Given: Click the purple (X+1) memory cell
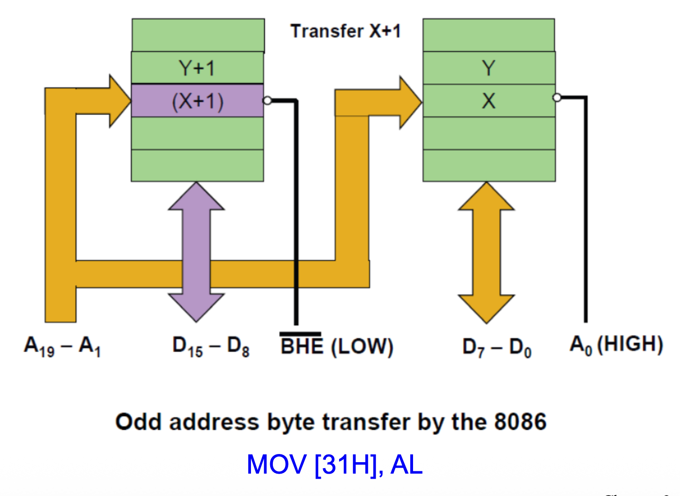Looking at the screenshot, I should [197, 101].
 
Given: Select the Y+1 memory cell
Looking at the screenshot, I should [197, 68].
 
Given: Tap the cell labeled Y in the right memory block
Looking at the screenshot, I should [489, 68].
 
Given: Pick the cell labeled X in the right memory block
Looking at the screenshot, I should [489, 101].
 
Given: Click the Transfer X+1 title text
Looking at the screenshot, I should [345, 31].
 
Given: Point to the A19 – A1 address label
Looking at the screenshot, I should [62, 346].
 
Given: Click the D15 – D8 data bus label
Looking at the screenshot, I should [211, 346].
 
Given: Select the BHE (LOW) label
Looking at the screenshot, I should [337, 346].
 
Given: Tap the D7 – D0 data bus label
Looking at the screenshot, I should [497, 347].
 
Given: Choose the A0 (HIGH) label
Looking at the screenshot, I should [616, 345].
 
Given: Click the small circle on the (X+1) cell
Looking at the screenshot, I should [267, 100].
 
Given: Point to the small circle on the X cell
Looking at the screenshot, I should [557, 97].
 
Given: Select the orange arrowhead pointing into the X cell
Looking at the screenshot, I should [409, 102].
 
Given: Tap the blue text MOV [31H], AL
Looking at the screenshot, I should [335, 465].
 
